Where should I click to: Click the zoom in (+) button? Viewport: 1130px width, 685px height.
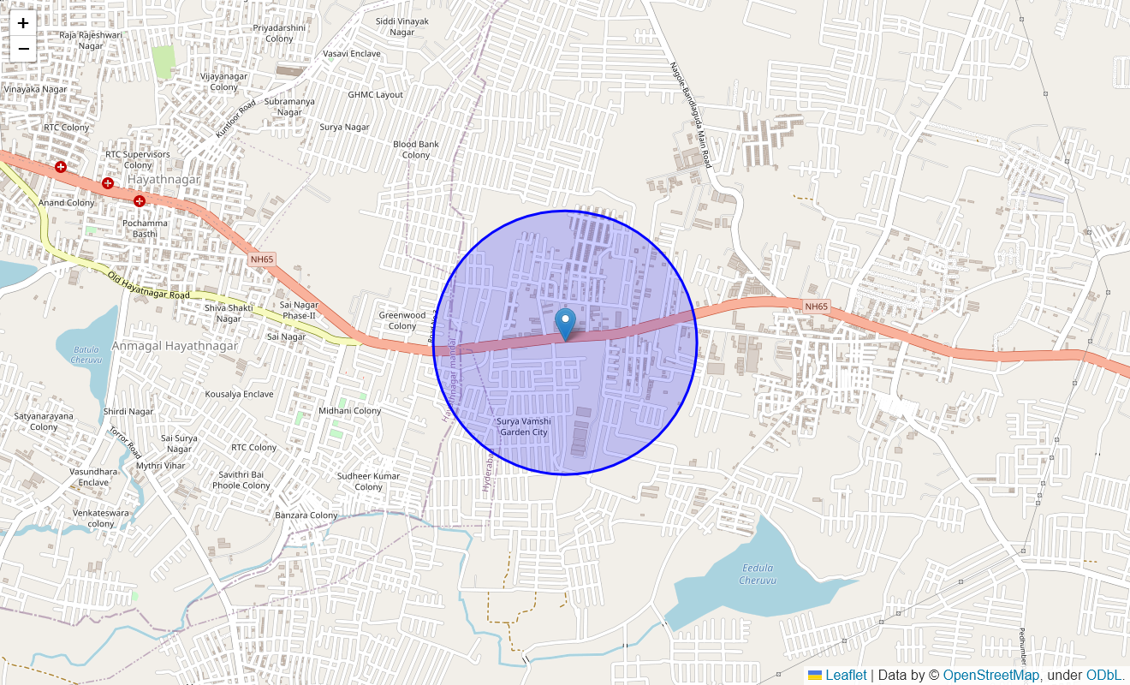pos(23,24)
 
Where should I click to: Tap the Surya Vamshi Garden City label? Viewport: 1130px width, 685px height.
pos(523,426)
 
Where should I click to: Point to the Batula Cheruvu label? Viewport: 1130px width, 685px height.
pos(86,354)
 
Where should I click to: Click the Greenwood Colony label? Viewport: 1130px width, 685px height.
pos(402,320)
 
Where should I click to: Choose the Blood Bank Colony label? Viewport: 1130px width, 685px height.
pos(416,150)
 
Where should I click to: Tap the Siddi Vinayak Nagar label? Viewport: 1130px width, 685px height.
pos(402,27)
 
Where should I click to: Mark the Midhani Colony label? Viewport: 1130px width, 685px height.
pos(350,411)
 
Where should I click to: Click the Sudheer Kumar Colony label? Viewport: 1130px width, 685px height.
pos(368,481)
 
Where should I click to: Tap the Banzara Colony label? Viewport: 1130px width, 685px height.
pos(306,515)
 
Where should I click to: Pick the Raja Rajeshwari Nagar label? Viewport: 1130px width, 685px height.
pos(90,40)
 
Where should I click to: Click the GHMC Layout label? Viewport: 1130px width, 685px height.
pos(375,94)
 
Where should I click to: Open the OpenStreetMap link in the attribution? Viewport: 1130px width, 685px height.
pos(990,676)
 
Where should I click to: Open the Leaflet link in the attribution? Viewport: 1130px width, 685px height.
pos(846,676)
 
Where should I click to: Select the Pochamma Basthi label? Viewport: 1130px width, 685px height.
pos(146,229)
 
